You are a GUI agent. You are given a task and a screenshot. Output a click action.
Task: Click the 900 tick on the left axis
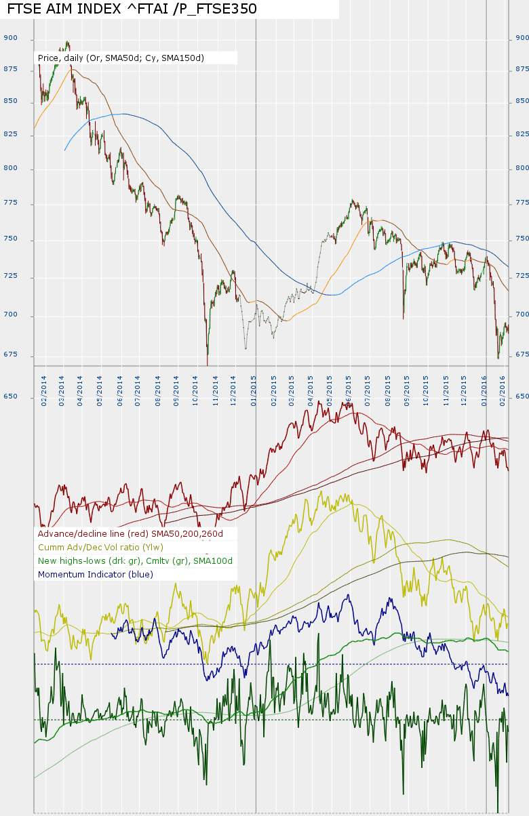pyautogui.click(x=10, y=39)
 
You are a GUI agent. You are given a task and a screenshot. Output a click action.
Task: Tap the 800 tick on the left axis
pyautogui.click(x=10, y=168)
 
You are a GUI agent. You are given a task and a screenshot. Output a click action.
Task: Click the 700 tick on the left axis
pyautogui.click(x=10, y=315)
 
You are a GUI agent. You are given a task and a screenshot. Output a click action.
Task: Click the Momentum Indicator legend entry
pyautogui.click(x=96, y=574)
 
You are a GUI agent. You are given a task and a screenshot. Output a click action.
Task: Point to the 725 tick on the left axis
pyautogui.click(x=10, y=277)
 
